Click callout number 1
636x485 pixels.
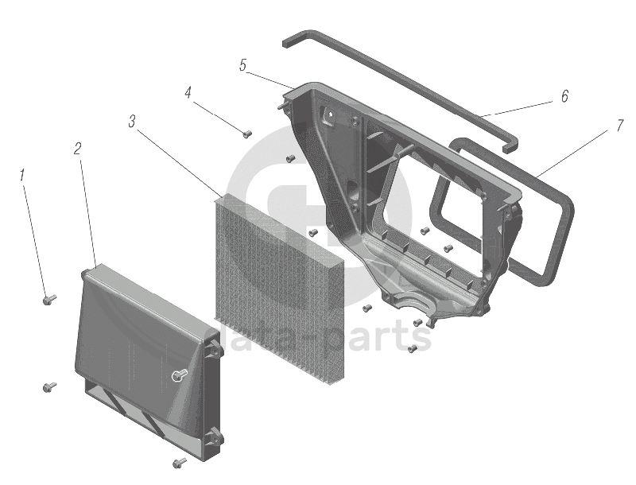click(23, 173)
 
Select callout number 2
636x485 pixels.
click(77, 148)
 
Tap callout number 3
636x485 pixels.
click(131, 121)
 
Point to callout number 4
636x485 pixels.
click(188, 93)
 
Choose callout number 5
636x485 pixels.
click(242, 65)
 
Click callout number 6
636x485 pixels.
click(564, 96)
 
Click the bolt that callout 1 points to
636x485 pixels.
click(48, 300)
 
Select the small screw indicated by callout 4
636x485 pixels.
click(246, 134)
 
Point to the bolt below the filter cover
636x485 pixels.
click(179, 461)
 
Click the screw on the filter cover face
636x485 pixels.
click(180, 374)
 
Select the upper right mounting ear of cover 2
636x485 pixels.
click(213, 347)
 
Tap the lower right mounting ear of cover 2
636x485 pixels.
click(213, 436)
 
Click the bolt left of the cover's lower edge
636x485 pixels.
click(48, 387)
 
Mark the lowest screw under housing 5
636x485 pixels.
click(412, 348)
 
